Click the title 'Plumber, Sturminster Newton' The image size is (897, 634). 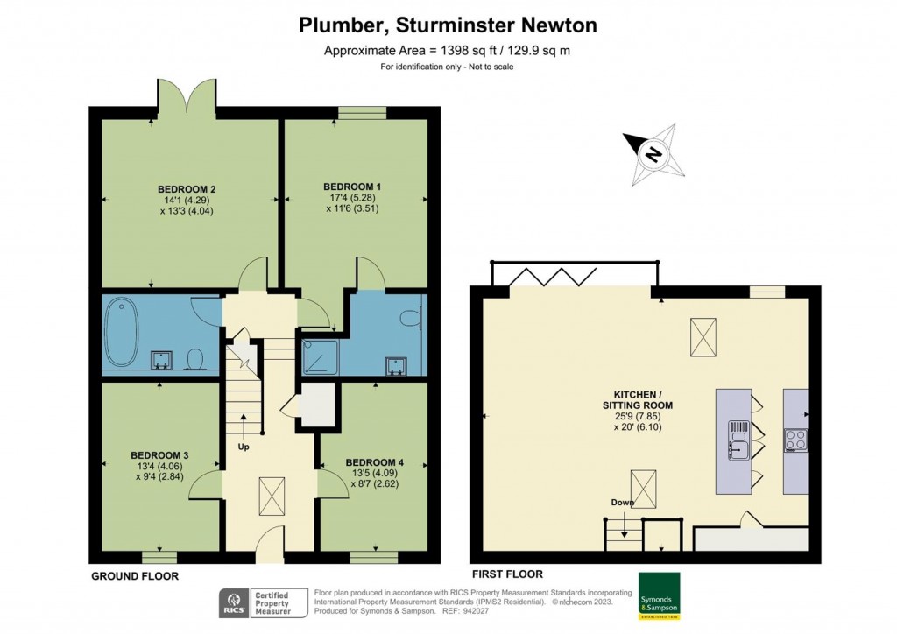pos(448,25)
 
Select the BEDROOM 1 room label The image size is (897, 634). pos(352,187)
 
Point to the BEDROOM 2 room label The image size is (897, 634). pos(187,189)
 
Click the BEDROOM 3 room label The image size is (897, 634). pos(159,455)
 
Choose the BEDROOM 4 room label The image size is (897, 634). pos(374,462)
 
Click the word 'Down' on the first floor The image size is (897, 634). pos(624,503)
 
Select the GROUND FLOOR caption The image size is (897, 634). pos(135,576)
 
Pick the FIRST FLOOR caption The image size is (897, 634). pos(507,574)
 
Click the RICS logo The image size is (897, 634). pos(232,602)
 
